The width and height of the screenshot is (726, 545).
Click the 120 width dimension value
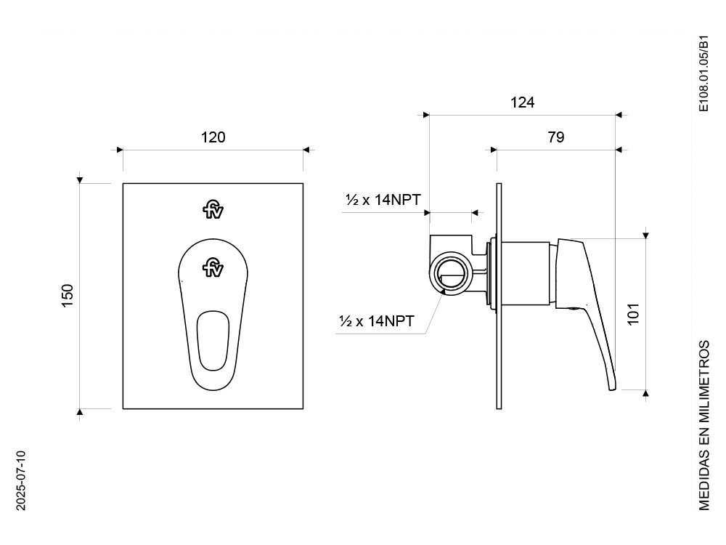click(x=213, y=137)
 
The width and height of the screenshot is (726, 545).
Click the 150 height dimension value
click(x=68, y=295)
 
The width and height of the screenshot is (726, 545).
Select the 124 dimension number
click(x=522, y=102)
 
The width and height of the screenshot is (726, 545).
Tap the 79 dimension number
click(x=556, y=137)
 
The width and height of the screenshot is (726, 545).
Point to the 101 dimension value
click(x=633, y=314)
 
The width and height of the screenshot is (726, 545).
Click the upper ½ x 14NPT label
click(x=383, y=200)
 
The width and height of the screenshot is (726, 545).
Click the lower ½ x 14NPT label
click(x=377, y=320)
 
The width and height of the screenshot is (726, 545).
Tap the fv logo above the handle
click(x=213, y=209)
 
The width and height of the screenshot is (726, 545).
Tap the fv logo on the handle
click(x=213, y=268)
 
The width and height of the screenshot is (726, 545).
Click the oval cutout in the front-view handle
click(x=213, y=341)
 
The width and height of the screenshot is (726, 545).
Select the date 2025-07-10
click(x=21, y=480)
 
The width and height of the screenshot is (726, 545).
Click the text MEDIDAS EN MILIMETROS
click(x=703, y=425)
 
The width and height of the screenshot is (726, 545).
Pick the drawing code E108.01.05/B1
click(x=703, y=73)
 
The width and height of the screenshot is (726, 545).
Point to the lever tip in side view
click(x=612, y=387)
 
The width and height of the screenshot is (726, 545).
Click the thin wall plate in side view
click(x=499, y=296)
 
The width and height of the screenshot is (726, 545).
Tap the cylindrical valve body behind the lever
click(x=526, y=273)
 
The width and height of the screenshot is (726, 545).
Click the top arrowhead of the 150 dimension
click(x=80, y=180)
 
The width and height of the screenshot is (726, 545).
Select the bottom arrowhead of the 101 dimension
click(x=646, y=393)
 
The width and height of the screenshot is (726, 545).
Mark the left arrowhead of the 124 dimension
click(x=426, y=115)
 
